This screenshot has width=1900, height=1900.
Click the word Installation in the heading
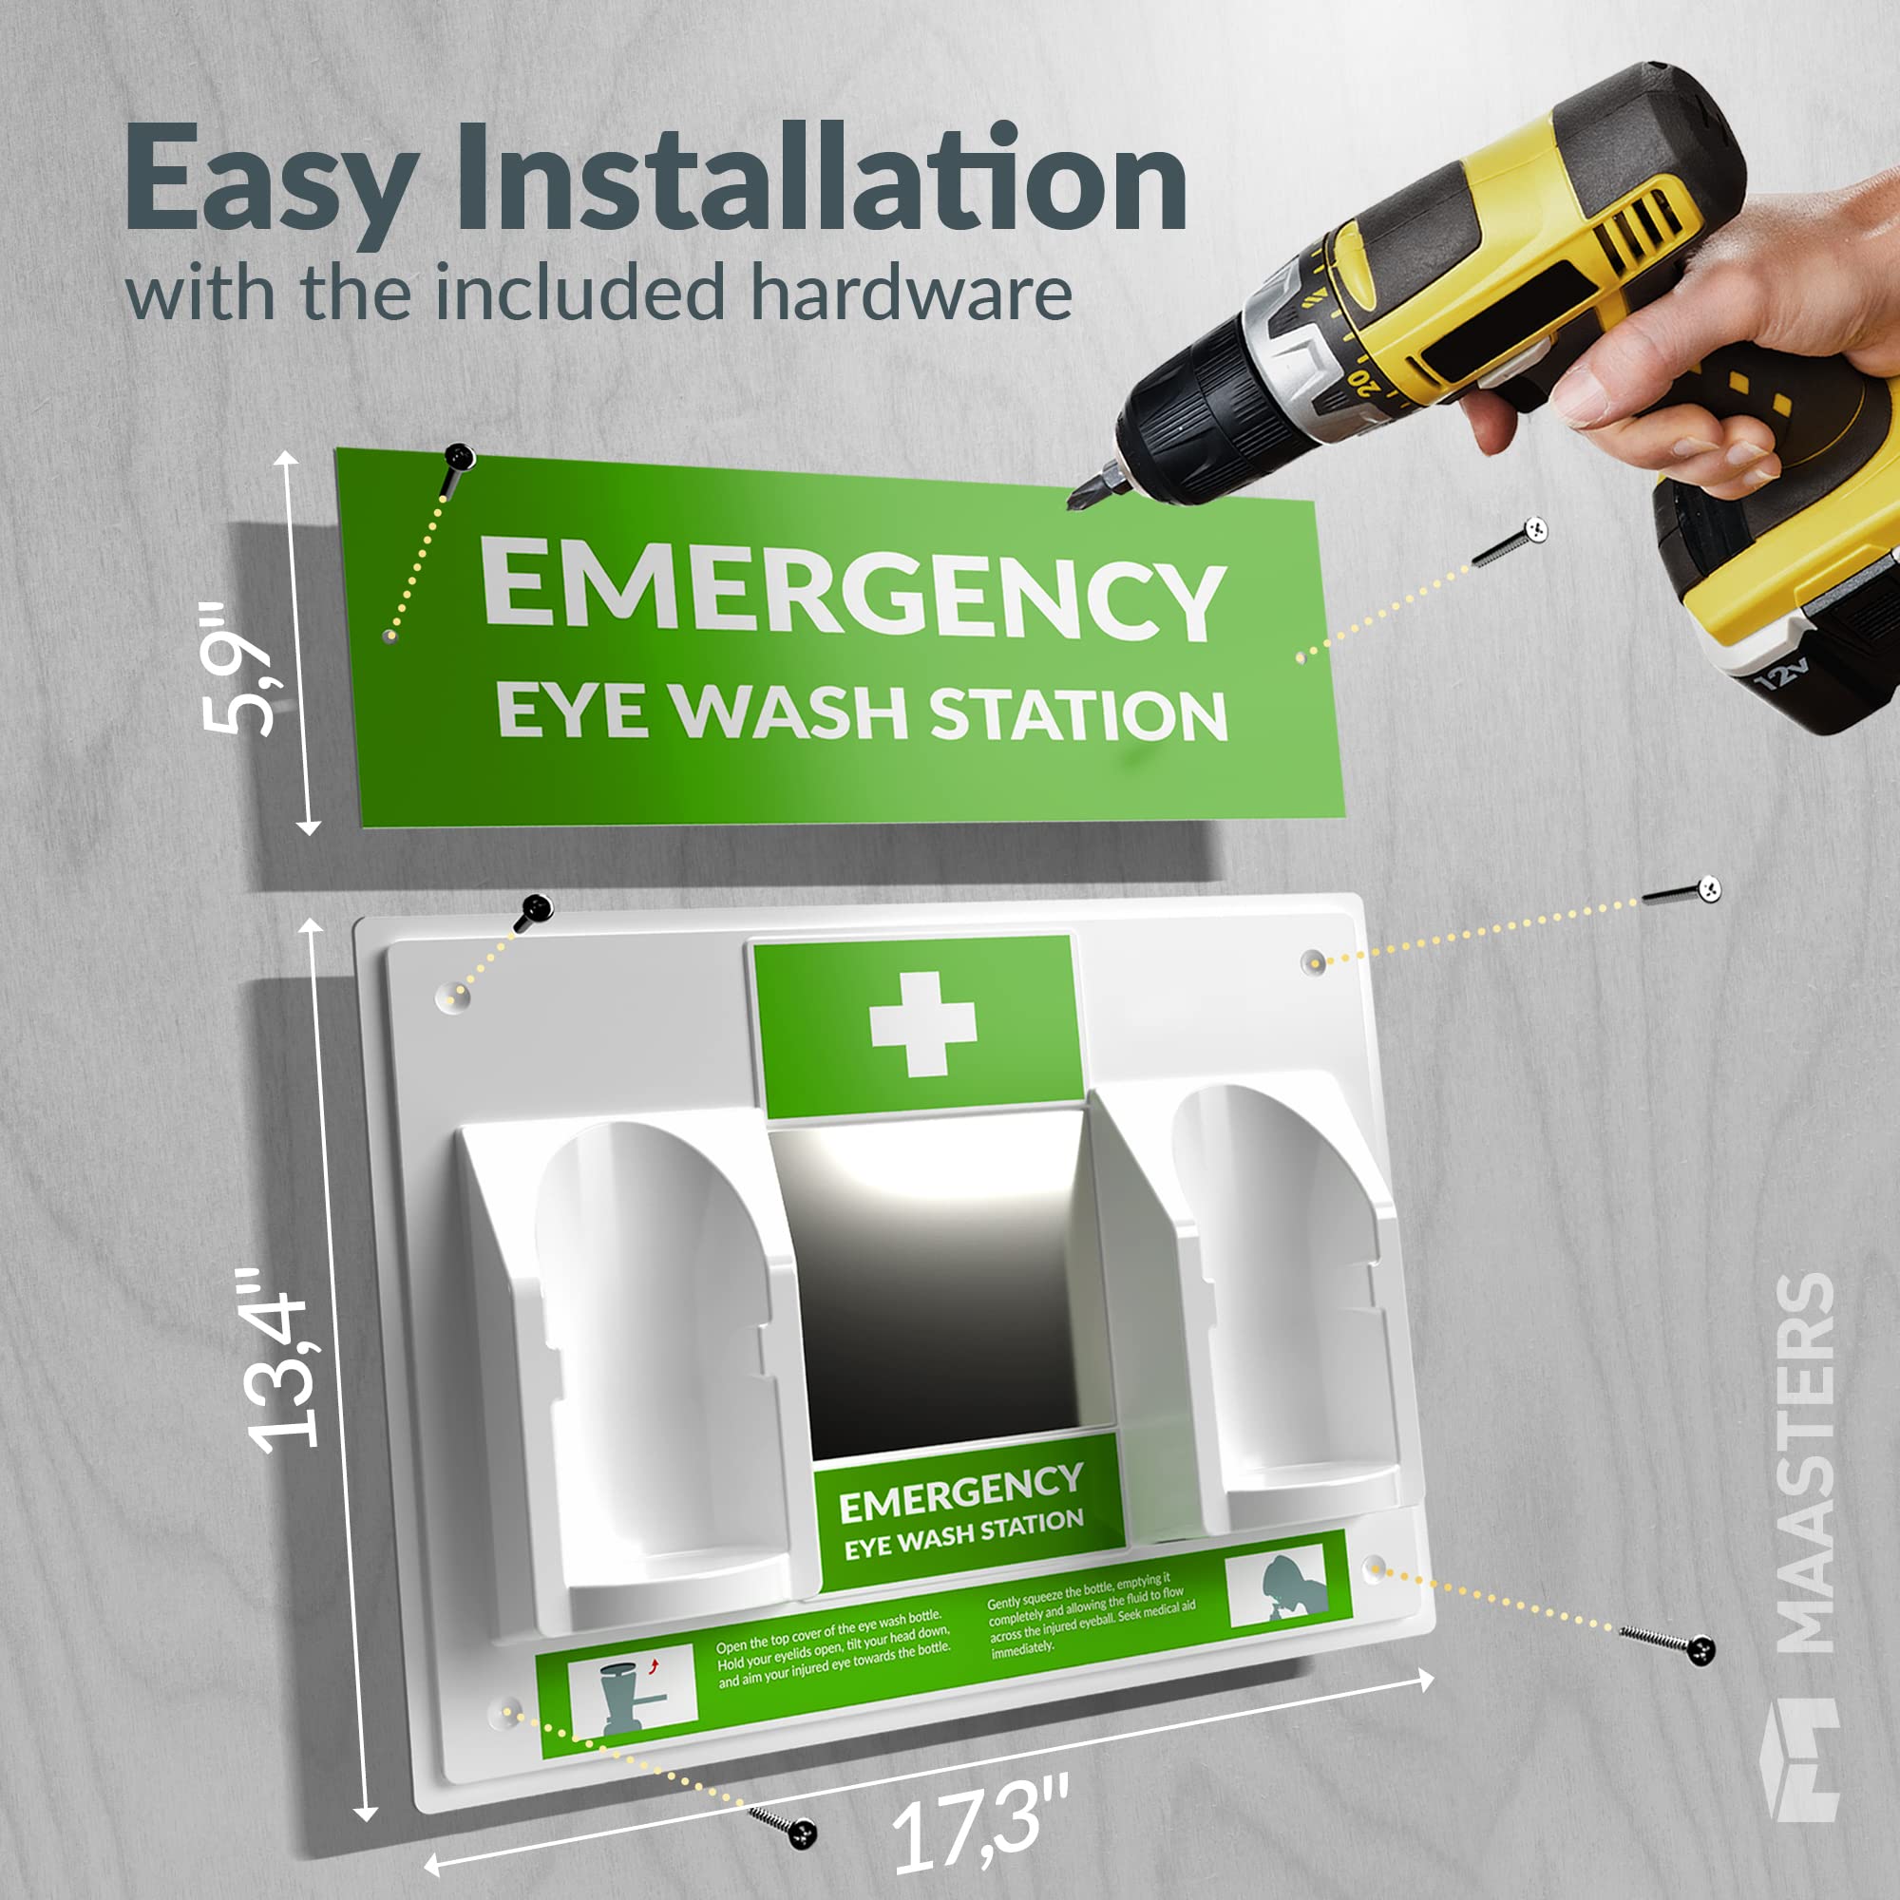click(822, 177)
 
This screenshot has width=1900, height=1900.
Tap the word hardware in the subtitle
click(909, 292)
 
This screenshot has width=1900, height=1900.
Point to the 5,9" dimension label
click(237, 669)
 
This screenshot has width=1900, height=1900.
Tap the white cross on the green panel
click(922, 1023)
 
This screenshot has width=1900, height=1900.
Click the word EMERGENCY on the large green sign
click(854, 590)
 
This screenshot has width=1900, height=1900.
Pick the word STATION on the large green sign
click(1079, 715)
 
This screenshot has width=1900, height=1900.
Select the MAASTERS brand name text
click(1808, 1462)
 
